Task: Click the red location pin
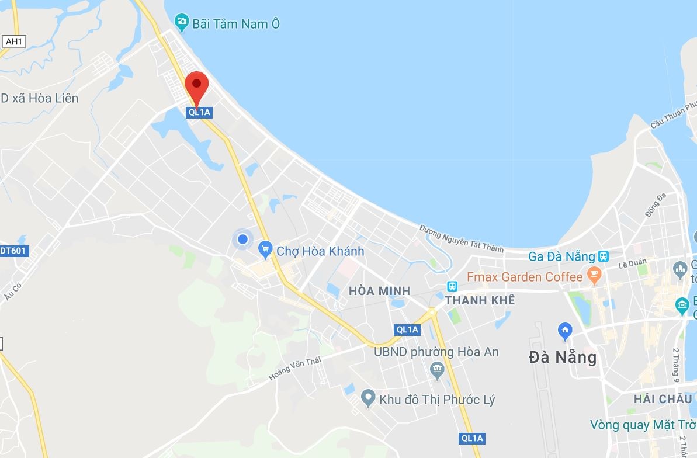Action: click(197, 86)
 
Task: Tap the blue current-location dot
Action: click(242, 239)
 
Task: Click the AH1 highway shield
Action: click(14, 41)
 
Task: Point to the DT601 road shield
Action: click(13, 251)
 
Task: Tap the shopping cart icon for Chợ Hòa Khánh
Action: click(265, 251)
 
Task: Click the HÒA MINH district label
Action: click(379, 291)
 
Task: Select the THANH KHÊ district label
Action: click(480, 300)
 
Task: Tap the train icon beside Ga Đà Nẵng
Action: click(603, 256)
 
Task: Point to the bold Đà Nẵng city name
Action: click(563, 357)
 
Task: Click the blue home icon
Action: click(565, 331)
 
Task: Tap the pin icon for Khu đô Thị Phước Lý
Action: click(367, 399)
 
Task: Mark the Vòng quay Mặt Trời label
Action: click(643, 425)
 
